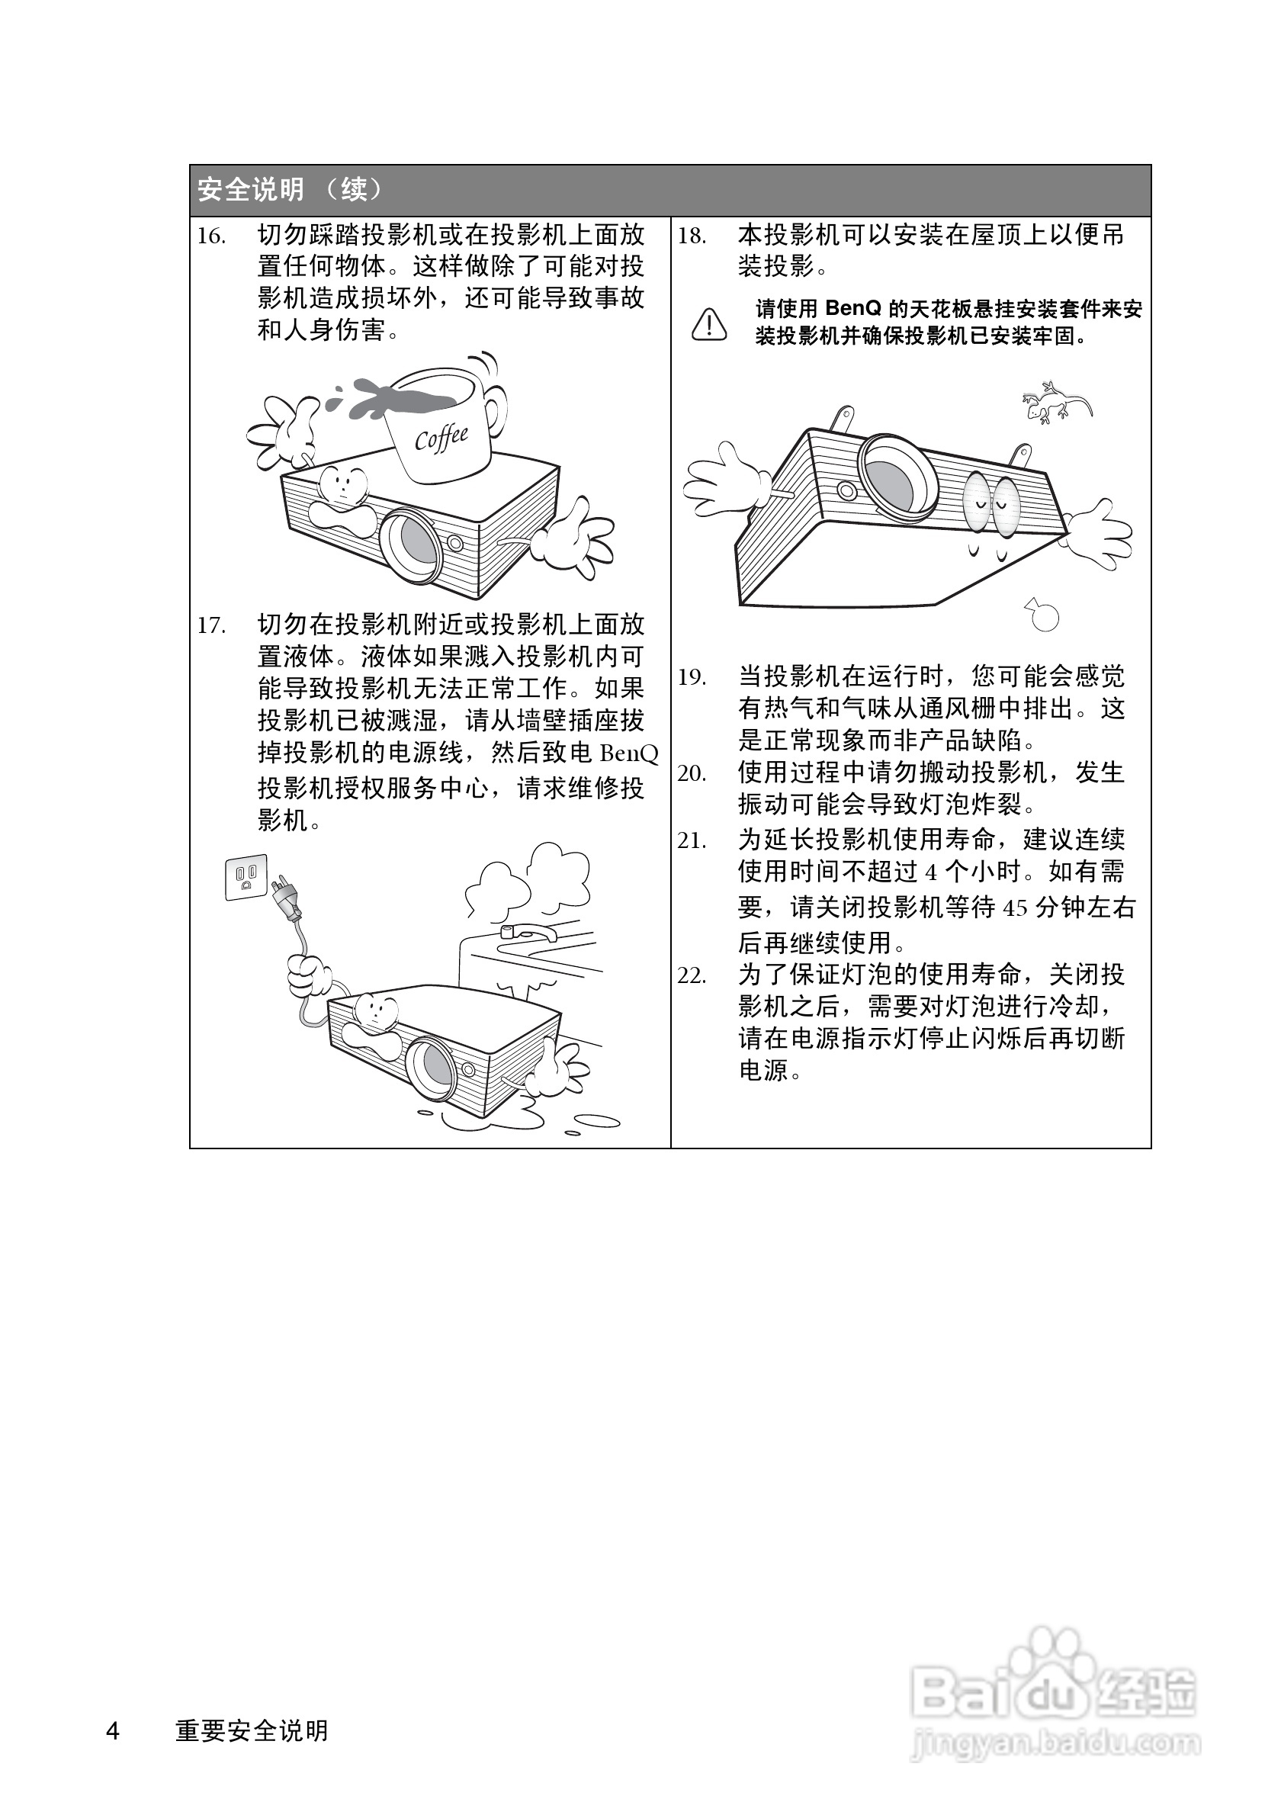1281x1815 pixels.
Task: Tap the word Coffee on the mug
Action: click(x=441, y=437)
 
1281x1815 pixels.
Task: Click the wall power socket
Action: click(x=246, y=877)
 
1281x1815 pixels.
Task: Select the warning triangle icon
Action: click(x=709, y=324)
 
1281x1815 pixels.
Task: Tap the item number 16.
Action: click(x=211, y=236)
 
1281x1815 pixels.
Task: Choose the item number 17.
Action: click(x=211, y=626)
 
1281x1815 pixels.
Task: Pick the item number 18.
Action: click(x=692, y=236)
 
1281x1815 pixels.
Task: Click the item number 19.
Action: click(x=692, y=677)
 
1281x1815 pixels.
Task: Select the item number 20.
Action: click(x=692, y=773)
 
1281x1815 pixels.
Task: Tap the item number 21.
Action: click(x=692, y=840)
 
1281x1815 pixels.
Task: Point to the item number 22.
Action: click(x=692, y=975)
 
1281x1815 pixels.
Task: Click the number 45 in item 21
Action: click(x=1015, y=908)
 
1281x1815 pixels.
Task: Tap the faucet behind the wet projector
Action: click(x=529, y=932)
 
